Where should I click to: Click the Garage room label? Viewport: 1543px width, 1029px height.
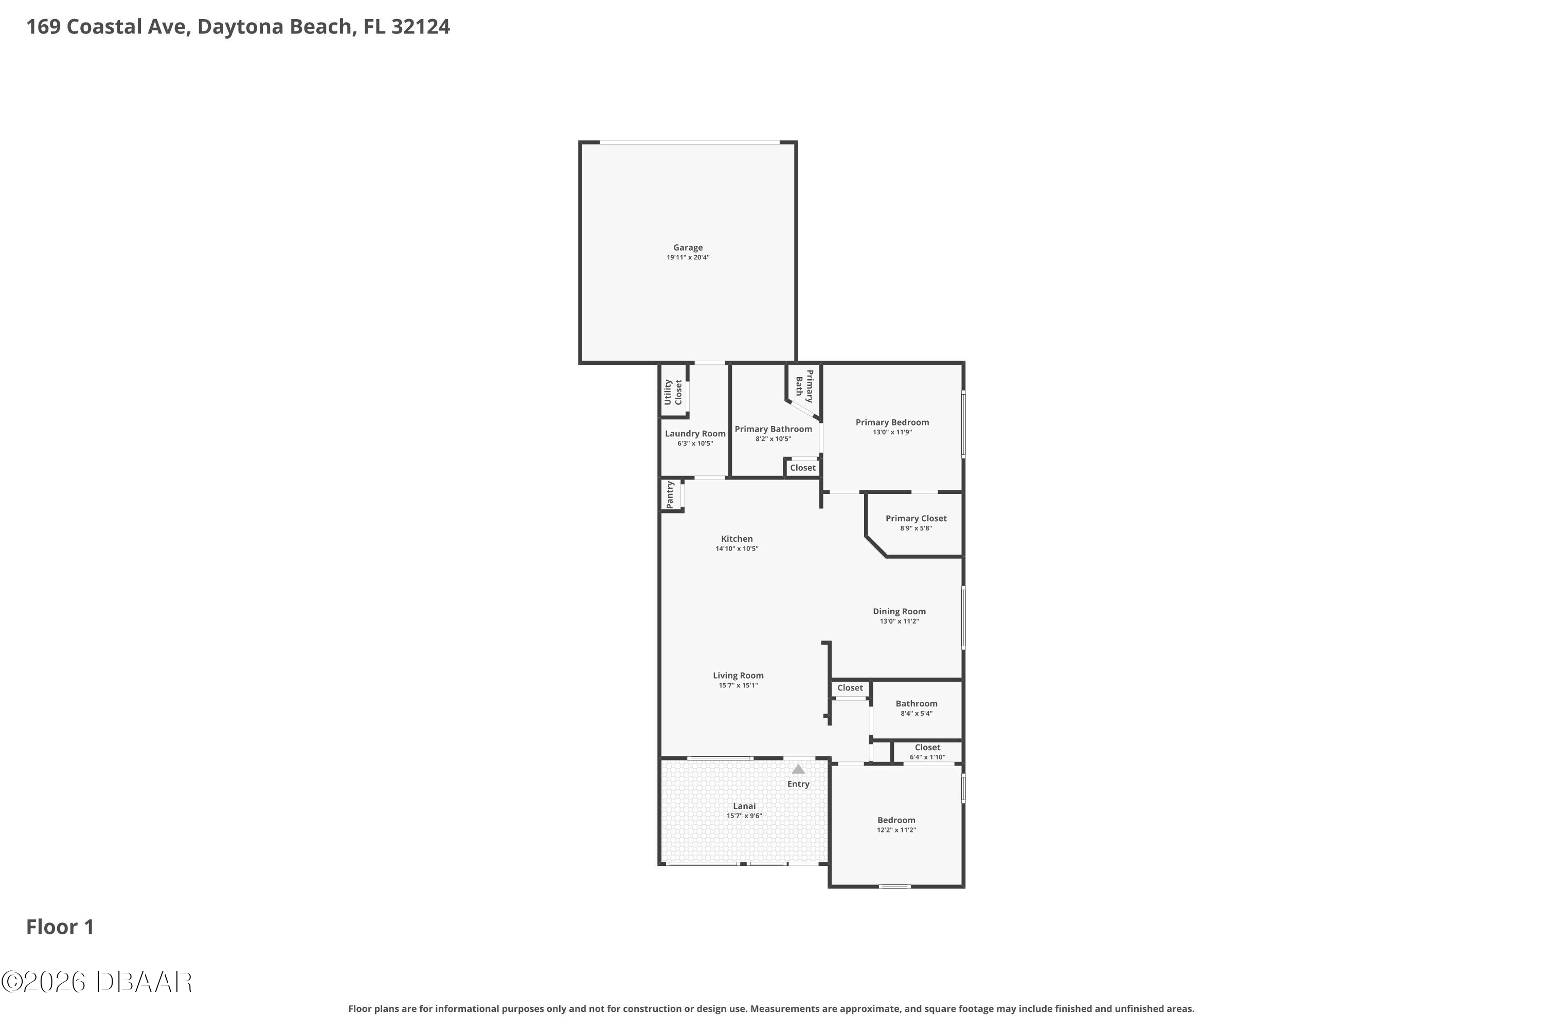pos(688,247)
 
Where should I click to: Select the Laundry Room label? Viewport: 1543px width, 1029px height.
pos(695,434)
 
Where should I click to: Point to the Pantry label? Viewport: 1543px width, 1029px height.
pos(670,494)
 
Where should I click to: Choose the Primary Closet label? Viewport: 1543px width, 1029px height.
pos(916,519)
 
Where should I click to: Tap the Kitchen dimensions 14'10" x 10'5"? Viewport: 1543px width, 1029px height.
pos(737,548)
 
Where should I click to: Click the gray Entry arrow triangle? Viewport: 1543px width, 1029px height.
pos(798,769)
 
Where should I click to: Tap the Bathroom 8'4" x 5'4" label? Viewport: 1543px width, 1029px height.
pos(917,708)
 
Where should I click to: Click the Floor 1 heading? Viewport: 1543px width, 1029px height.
pos(60,927)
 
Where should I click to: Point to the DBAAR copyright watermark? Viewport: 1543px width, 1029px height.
pos(97,982)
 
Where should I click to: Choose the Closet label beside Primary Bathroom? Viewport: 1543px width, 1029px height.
pos(802,468)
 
